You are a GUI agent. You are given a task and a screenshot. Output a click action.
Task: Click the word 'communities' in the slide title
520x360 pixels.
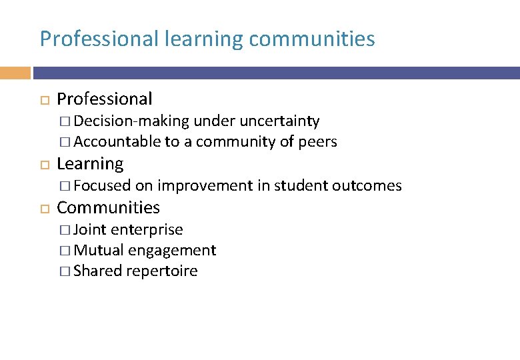311,39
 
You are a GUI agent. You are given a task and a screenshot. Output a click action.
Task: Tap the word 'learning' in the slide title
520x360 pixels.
204,39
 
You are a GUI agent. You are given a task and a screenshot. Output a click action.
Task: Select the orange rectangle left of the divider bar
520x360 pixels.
15,73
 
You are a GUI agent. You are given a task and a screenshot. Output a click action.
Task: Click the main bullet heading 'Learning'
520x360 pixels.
90,164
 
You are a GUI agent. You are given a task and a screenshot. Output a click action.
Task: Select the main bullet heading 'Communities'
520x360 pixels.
108,208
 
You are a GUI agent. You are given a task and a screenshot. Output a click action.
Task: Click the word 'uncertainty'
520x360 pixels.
279,121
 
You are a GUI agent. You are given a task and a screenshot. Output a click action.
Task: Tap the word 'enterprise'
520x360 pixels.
147,230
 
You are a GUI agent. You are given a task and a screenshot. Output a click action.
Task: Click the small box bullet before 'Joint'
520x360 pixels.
64,230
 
